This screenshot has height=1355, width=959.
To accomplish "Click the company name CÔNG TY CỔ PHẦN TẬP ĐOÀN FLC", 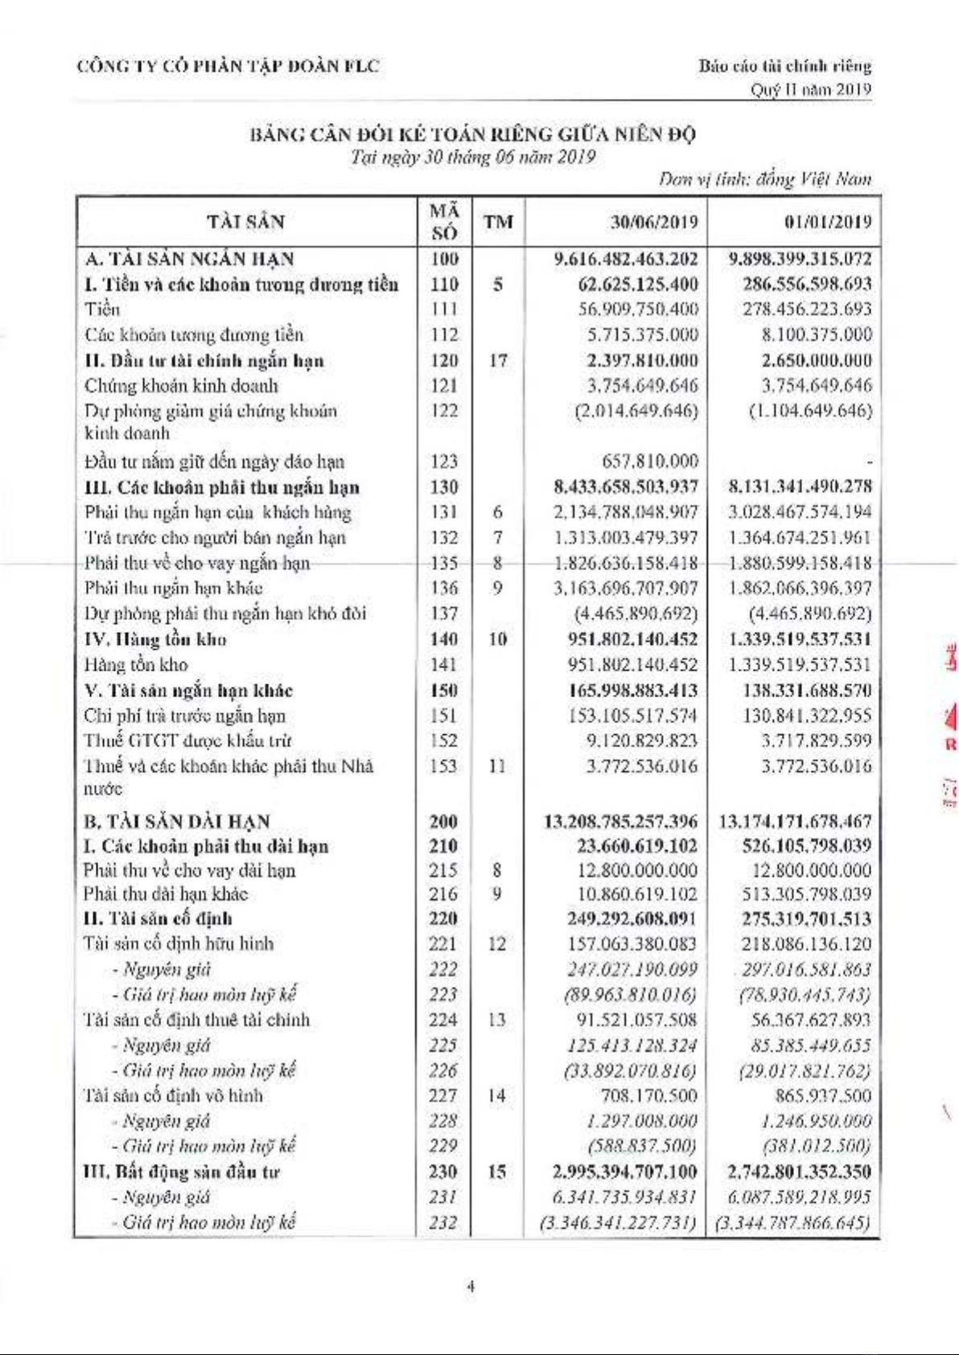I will (x=228, y=66).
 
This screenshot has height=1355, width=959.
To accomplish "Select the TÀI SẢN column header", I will (x=245, y=222).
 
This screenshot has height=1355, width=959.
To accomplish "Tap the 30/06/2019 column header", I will (x=653, y=222).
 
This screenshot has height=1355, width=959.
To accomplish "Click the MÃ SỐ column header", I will (x=444, y=222).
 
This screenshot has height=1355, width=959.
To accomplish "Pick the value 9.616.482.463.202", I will (x=626, y=259).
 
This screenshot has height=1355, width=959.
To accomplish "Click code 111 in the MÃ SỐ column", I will (x=444, y=310).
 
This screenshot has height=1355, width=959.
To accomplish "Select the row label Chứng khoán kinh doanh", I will (x=181, y=386).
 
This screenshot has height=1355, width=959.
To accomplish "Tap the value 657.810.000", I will (x=650, y=461).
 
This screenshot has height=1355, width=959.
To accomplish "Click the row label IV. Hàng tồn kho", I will (x=155, y=639).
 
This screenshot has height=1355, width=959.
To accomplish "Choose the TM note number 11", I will (x=497, y=766).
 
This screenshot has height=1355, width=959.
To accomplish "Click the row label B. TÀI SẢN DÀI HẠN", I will (x=177, y=822).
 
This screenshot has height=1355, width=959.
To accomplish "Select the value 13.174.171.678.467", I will (x=795, y=822).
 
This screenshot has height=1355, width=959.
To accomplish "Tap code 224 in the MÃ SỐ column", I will (x=442, y=1020).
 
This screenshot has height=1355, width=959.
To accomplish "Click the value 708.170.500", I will (x=649, y=1095).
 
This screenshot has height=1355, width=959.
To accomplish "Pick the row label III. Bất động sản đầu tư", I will (x=182, y=1172).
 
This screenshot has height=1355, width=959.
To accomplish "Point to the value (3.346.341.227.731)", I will (x=619, y=1222).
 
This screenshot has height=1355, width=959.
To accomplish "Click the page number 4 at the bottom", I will (x=471, y=1287).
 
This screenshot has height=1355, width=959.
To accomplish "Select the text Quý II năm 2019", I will (x=811, y=89).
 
